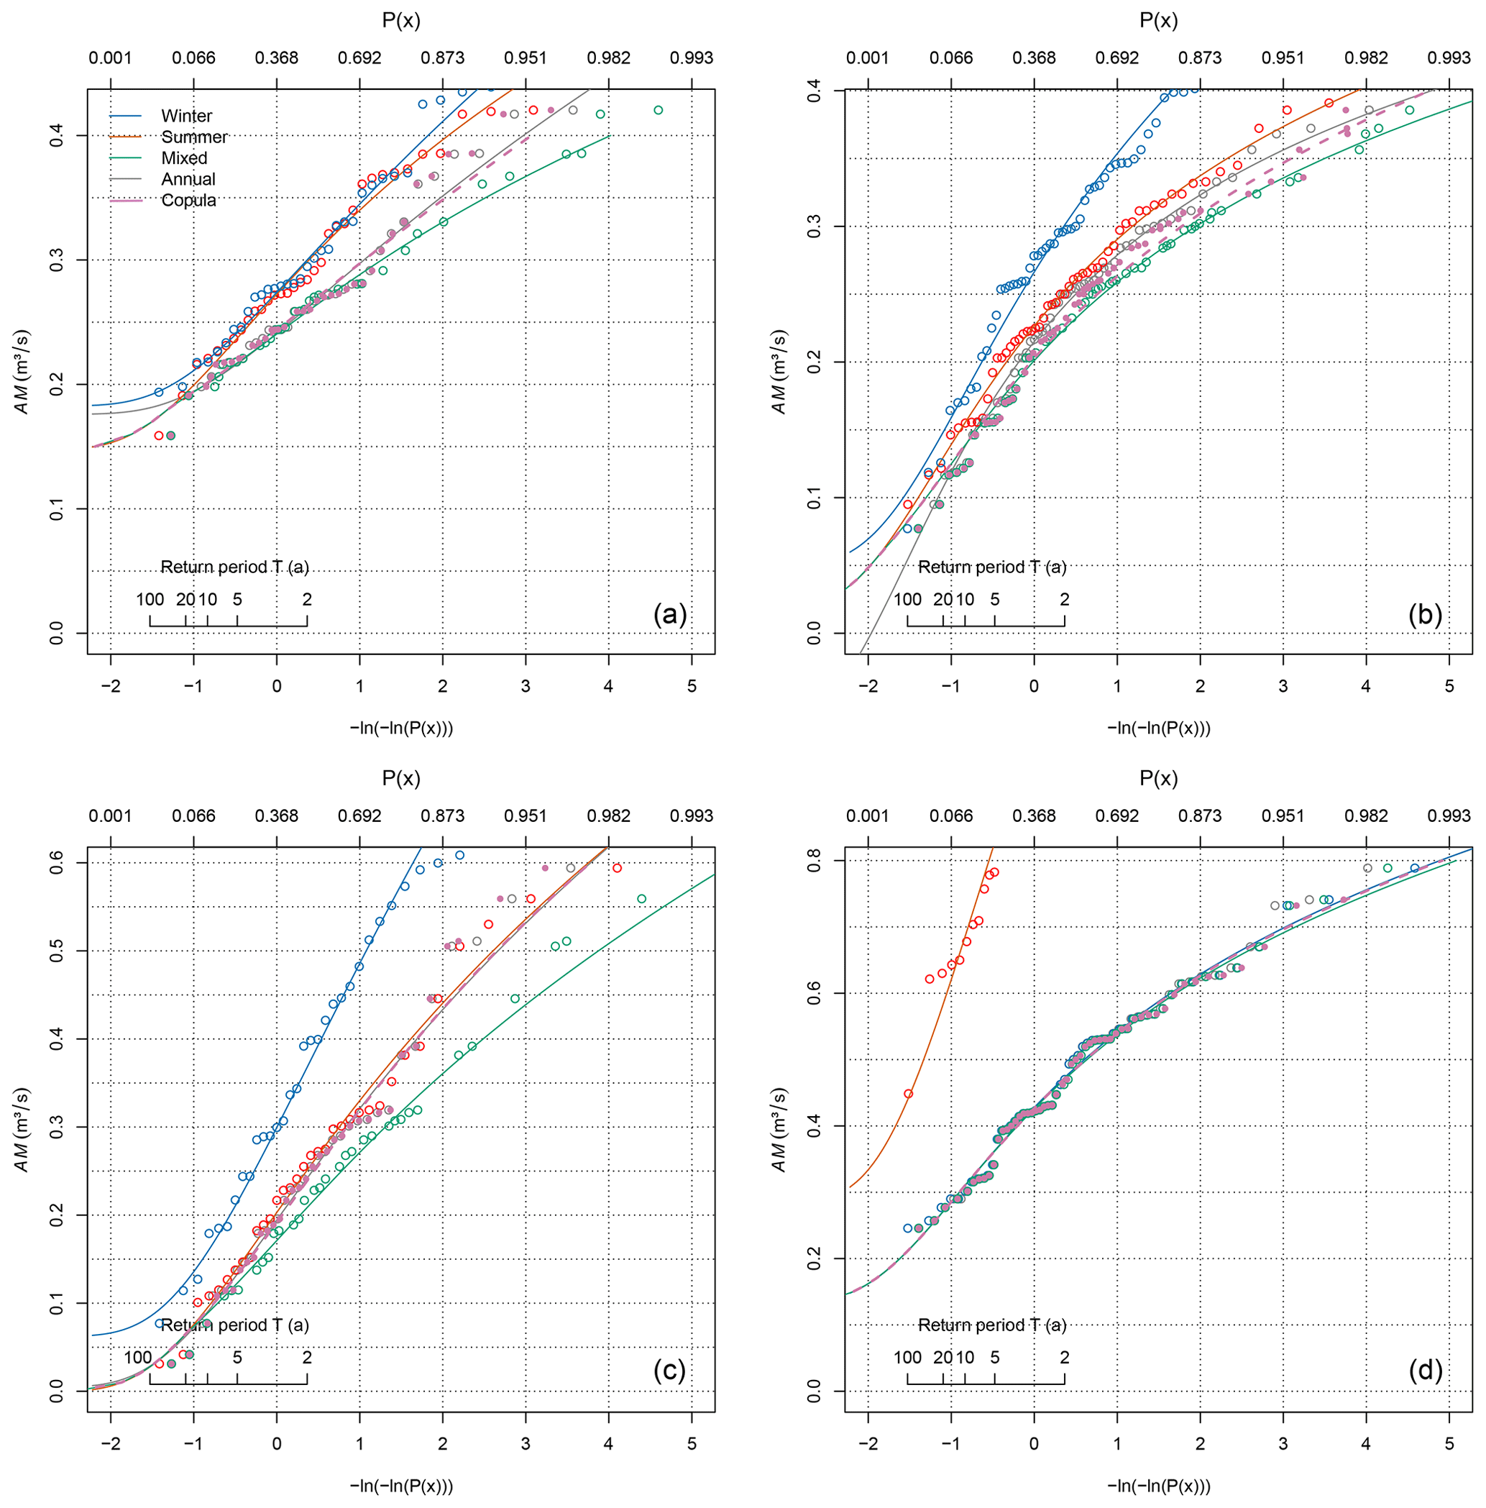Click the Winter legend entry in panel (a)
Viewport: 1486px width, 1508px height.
185,116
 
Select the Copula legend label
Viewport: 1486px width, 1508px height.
188,201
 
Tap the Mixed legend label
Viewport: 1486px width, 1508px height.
184,158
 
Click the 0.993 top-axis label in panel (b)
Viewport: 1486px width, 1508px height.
1449,58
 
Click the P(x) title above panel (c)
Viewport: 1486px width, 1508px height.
401,778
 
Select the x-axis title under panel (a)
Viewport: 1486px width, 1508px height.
401,728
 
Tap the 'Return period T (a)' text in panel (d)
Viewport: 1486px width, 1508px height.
991,1325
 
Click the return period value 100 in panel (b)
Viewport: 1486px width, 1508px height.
907,600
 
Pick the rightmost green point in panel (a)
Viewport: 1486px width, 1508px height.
658,110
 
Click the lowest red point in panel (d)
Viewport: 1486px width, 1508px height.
909,1094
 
